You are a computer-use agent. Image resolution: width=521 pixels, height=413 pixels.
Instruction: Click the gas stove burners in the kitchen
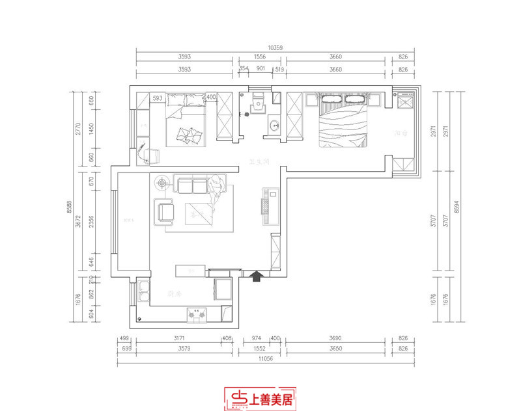[196, 315]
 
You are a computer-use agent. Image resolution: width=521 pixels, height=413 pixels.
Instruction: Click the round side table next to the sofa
[161, 184]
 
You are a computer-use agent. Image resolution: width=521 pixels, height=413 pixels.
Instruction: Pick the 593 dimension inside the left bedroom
[158, 98]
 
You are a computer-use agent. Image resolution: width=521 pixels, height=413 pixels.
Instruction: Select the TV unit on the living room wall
[269, 202]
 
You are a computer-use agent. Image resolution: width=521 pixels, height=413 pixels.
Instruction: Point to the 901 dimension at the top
[260, 69]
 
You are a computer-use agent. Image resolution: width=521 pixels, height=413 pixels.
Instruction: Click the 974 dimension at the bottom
[255, 340]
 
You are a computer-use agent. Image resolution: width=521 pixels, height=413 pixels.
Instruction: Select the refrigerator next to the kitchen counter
[223, 289]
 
